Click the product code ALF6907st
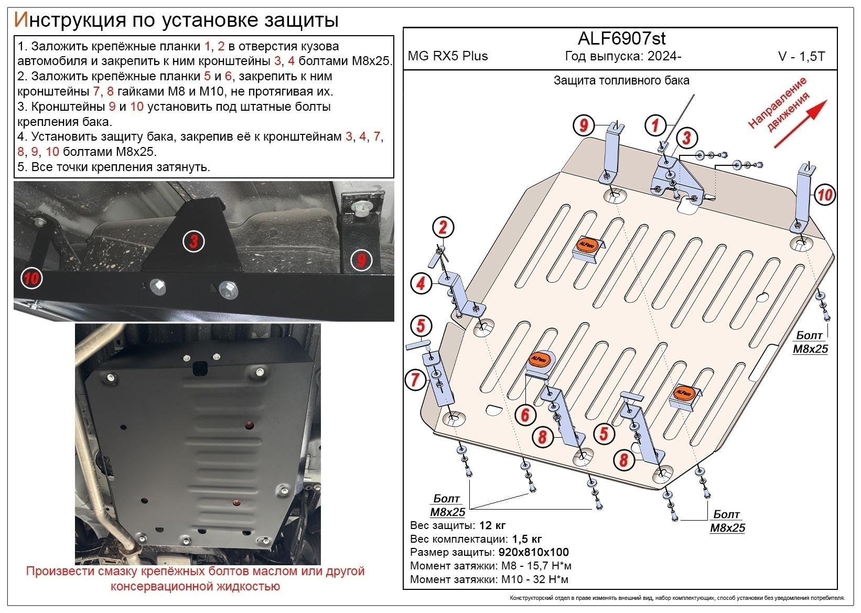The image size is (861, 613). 621,38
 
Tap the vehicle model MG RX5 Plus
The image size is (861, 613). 448,56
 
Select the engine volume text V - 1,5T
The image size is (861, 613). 801,57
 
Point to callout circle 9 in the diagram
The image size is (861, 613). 583,125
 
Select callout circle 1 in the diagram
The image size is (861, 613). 655,125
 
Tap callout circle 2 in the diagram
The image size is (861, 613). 443,228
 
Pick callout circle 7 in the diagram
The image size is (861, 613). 415,378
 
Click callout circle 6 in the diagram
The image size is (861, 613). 525,415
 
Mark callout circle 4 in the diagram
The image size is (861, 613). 421,284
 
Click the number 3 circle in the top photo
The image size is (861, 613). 193,242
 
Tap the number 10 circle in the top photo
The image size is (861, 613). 31,278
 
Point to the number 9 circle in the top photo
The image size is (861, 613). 361,259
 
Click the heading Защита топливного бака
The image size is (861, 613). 621,81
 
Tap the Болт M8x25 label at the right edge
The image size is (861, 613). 810,342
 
